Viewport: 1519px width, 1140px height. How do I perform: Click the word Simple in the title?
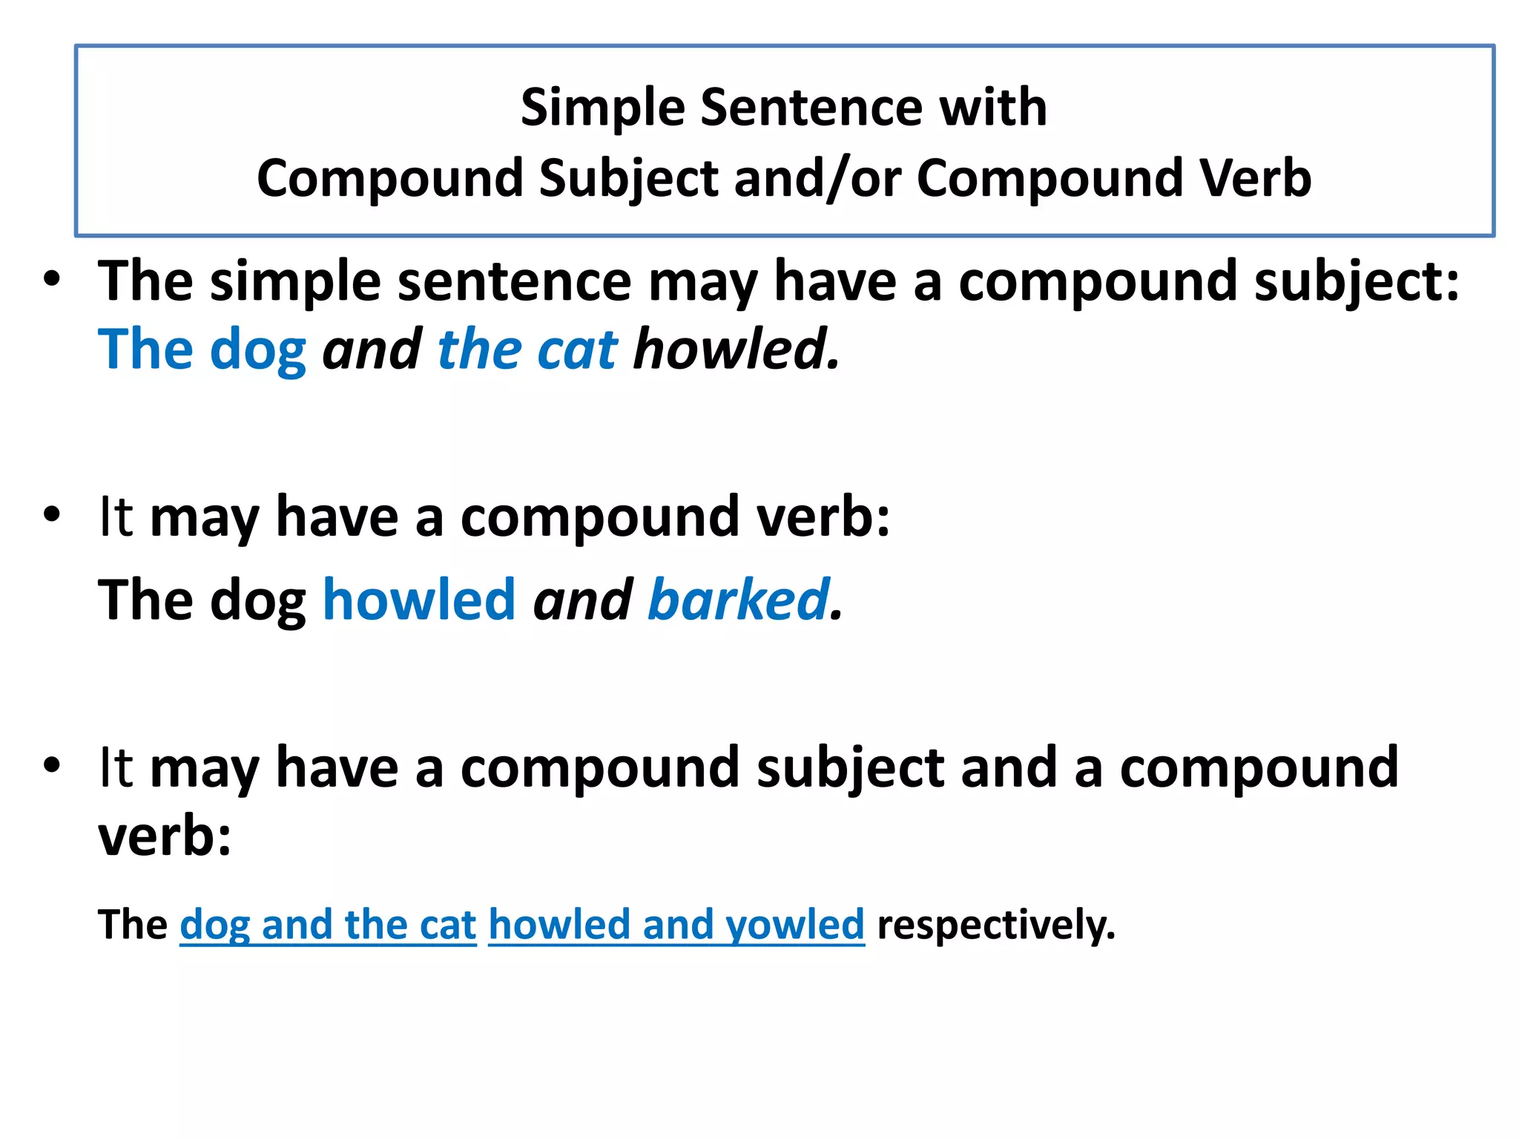(x=602, y=108)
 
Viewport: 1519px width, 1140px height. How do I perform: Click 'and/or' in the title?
(x=817, y=179)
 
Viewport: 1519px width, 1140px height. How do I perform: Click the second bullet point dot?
(x=51, y=514)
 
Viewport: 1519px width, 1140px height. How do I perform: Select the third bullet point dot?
(x=51, y=765)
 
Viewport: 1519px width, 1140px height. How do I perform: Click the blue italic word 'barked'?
(x=738, y=600)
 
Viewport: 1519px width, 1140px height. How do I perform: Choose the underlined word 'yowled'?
(x=794, y=925)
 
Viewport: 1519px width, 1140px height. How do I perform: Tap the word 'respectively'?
(x=995, y=925)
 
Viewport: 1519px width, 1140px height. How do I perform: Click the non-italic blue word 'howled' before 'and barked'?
(x=420, y=600)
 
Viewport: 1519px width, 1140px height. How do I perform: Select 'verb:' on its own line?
(x=165, y=836)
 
